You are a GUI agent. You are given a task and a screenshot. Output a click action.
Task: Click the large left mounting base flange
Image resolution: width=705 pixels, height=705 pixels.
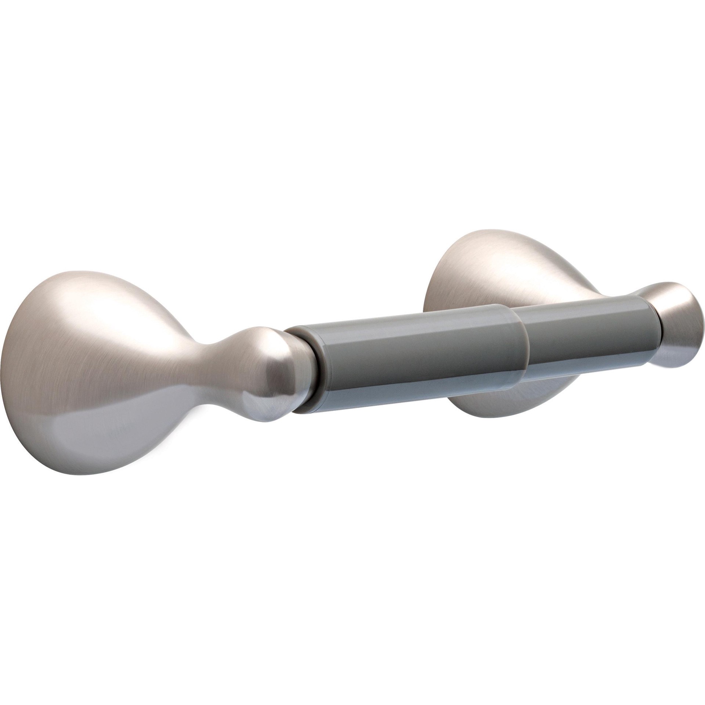[x=92, y=367]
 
